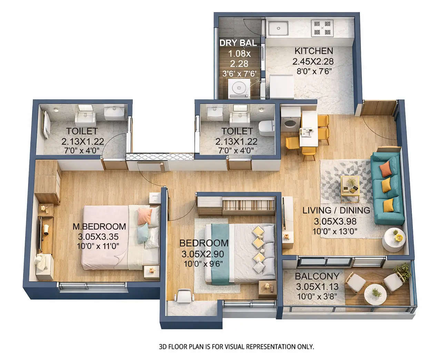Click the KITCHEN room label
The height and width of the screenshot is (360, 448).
point(313,51)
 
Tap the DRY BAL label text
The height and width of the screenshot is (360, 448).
point(238,43)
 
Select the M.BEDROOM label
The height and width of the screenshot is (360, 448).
point(99,226)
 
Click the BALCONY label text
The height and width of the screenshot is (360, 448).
point(317,276)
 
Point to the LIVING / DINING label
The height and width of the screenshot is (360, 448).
point(336,210)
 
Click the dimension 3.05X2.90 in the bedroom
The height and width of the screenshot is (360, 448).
point(202,254)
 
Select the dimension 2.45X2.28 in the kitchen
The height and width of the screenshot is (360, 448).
point(313,62)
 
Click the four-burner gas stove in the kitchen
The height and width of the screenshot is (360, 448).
point(322,28)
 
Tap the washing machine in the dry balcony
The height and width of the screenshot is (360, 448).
point(238,87)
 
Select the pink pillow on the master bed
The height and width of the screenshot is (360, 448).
point(145,216)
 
